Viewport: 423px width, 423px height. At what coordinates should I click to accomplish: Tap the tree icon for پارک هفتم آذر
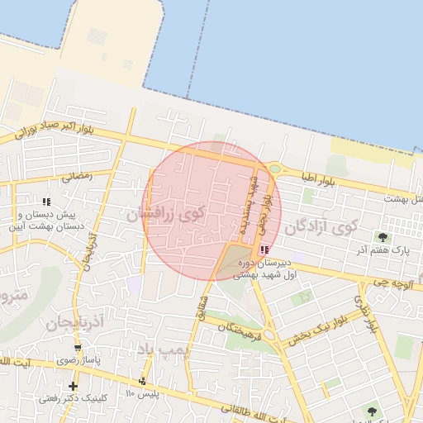pos(382,237)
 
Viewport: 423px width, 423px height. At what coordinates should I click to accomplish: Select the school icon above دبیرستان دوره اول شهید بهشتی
pos(263,250)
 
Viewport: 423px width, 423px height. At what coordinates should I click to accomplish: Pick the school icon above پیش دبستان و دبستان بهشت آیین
pos(46,202)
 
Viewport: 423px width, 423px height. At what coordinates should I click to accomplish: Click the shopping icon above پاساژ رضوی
pos(77,349)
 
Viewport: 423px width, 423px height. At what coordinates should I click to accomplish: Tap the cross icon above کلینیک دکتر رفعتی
pos(74,386)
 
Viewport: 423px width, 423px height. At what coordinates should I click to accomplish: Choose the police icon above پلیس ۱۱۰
pos(143,381)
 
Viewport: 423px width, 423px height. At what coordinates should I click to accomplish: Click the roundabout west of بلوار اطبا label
pos(274,169)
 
